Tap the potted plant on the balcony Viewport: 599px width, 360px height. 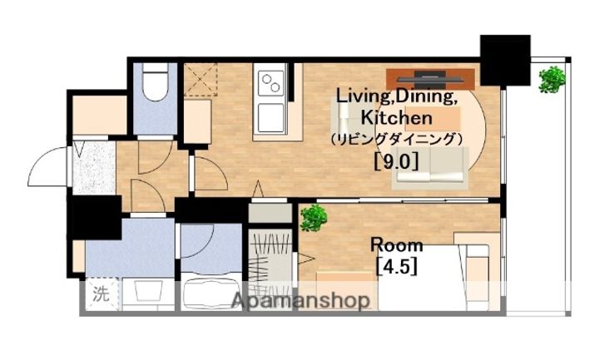551,80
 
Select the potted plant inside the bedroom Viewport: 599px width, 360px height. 314,218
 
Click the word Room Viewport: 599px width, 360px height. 396,245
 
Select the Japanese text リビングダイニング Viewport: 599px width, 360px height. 395,139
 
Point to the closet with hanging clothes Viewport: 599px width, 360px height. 268,262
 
